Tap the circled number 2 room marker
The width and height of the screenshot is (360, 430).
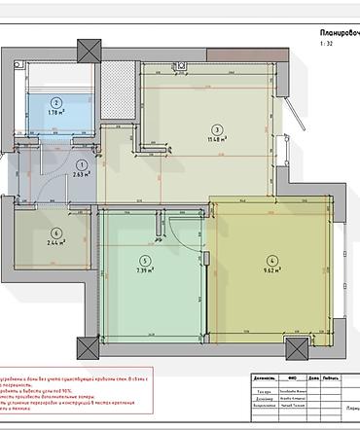[x=56, y=102]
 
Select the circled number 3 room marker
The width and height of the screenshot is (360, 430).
[x=217, y=127]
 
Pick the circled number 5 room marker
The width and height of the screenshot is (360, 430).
[x=146, y=260]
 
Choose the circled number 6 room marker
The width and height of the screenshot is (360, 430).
[x=56, y=233]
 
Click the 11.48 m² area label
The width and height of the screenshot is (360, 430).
[x=217, y=139]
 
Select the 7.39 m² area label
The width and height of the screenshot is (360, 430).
[x=146, y=271]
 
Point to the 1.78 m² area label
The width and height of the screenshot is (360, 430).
[x=56, y=113]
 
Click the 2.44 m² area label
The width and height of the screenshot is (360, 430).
[x=56, y=243]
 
